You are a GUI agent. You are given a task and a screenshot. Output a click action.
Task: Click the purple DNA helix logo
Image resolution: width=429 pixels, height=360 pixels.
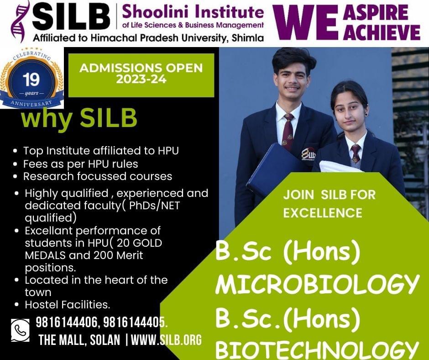(x=19, y=21)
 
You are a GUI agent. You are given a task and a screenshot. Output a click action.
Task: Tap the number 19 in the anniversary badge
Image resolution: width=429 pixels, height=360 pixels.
(x=31, y=80)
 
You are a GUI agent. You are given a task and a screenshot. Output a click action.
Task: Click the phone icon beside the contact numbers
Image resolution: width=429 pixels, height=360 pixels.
(x=20, y=330)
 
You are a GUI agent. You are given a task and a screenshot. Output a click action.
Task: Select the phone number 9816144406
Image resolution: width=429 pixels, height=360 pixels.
(x=67, y=323)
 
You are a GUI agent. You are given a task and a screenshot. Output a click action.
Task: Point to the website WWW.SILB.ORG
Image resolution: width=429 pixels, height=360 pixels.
(x=166, y=340)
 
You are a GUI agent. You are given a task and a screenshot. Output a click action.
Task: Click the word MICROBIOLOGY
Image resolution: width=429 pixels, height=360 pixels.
(x=317, y=285)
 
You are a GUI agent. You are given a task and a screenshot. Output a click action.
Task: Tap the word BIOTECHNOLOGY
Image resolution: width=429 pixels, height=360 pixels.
(x=317, y=349)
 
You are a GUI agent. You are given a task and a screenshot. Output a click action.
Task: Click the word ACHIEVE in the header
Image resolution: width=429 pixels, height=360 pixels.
(x=382, y=32)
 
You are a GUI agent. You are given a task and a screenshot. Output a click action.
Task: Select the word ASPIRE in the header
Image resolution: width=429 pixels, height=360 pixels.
(x=376, y=12)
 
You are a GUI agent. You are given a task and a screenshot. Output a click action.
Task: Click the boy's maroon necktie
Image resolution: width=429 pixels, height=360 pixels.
(x=288, y=132)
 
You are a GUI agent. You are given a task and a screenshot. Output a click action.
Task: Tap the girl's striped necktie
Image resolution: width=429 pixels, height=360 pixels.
(x=356, y=154)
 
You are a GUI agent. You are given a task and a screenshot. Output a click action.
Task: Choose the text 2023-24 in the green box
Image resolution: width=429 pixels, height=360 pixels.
(x=141, y=79)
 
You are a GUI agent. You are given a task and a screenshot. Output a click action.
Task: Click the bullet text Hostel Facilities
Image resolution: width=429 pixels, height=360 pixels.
(x=67, y=305)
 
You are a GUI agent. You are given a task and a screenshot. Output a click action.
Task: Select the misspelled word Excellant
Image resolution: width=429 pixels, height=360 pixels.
(x=49, y=231)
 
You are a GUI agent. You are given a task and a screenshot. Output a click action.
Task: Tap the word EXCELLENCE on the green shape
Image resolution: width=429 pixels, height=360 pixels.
(x=323, y=213)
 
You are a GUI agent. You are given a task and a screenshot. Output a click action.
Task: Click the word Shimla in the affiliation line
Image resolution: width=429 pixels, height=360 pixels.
(x=248, y=38)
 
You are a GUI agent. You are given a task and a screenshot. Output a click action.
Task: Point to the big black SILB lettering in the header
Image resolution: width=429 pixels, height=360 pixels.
(x=71, y=17)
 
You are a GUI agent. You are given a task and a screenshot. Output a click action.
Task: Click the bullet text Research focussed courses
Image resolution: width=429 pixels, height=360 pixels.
(x=98, y=176)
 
